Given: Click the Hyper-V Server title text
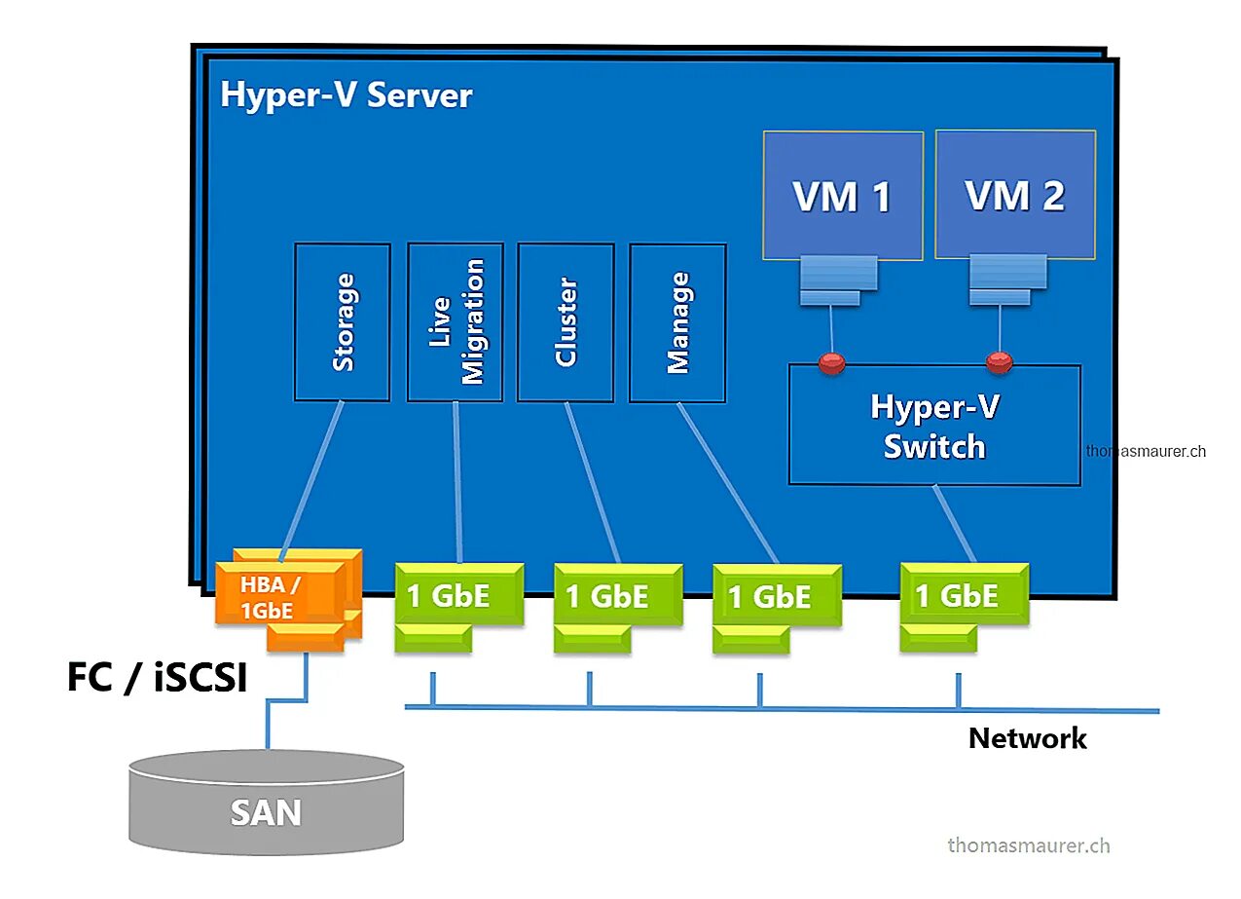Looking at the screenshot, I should [347, 95].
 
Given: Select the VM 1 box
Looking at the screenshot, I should [843, 196].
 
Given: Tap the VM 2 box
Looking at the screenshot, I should [1015, 195].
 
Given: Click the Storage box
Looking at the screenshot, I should [343, 321].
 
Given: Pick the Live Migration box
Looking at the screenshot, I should [456, 321].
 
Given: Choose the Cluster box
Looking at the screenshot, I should [566, 321].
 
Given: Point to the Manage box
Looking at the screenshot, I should [677, 321].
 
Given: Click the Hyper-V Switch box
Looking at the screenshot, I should [934, 425].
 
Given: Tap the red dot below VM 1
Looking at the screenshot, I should [831, 364].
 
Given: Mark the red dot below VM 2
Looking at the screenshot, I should [999, 363].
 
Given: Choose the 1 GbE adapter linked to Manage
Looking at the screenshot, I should [777, 596].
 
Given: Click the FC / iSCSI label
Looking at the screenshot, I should [156, 678].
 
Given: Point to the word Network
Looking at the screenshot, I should [1027, 738].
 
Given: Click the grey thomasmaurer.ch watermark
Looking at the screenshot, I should [1028, 844].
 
